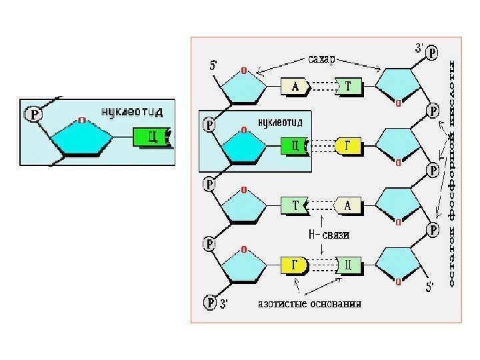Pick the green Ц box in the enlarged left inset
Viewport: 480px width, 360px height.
[x=150, y=137]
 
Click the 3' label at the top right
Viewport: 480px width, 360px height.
[x=419, y=48]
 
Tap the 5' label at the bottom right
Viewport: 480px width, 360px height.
[x=432, y=289]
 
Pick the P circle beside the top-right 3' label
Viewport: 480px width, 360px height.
[x=432, y=52]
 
